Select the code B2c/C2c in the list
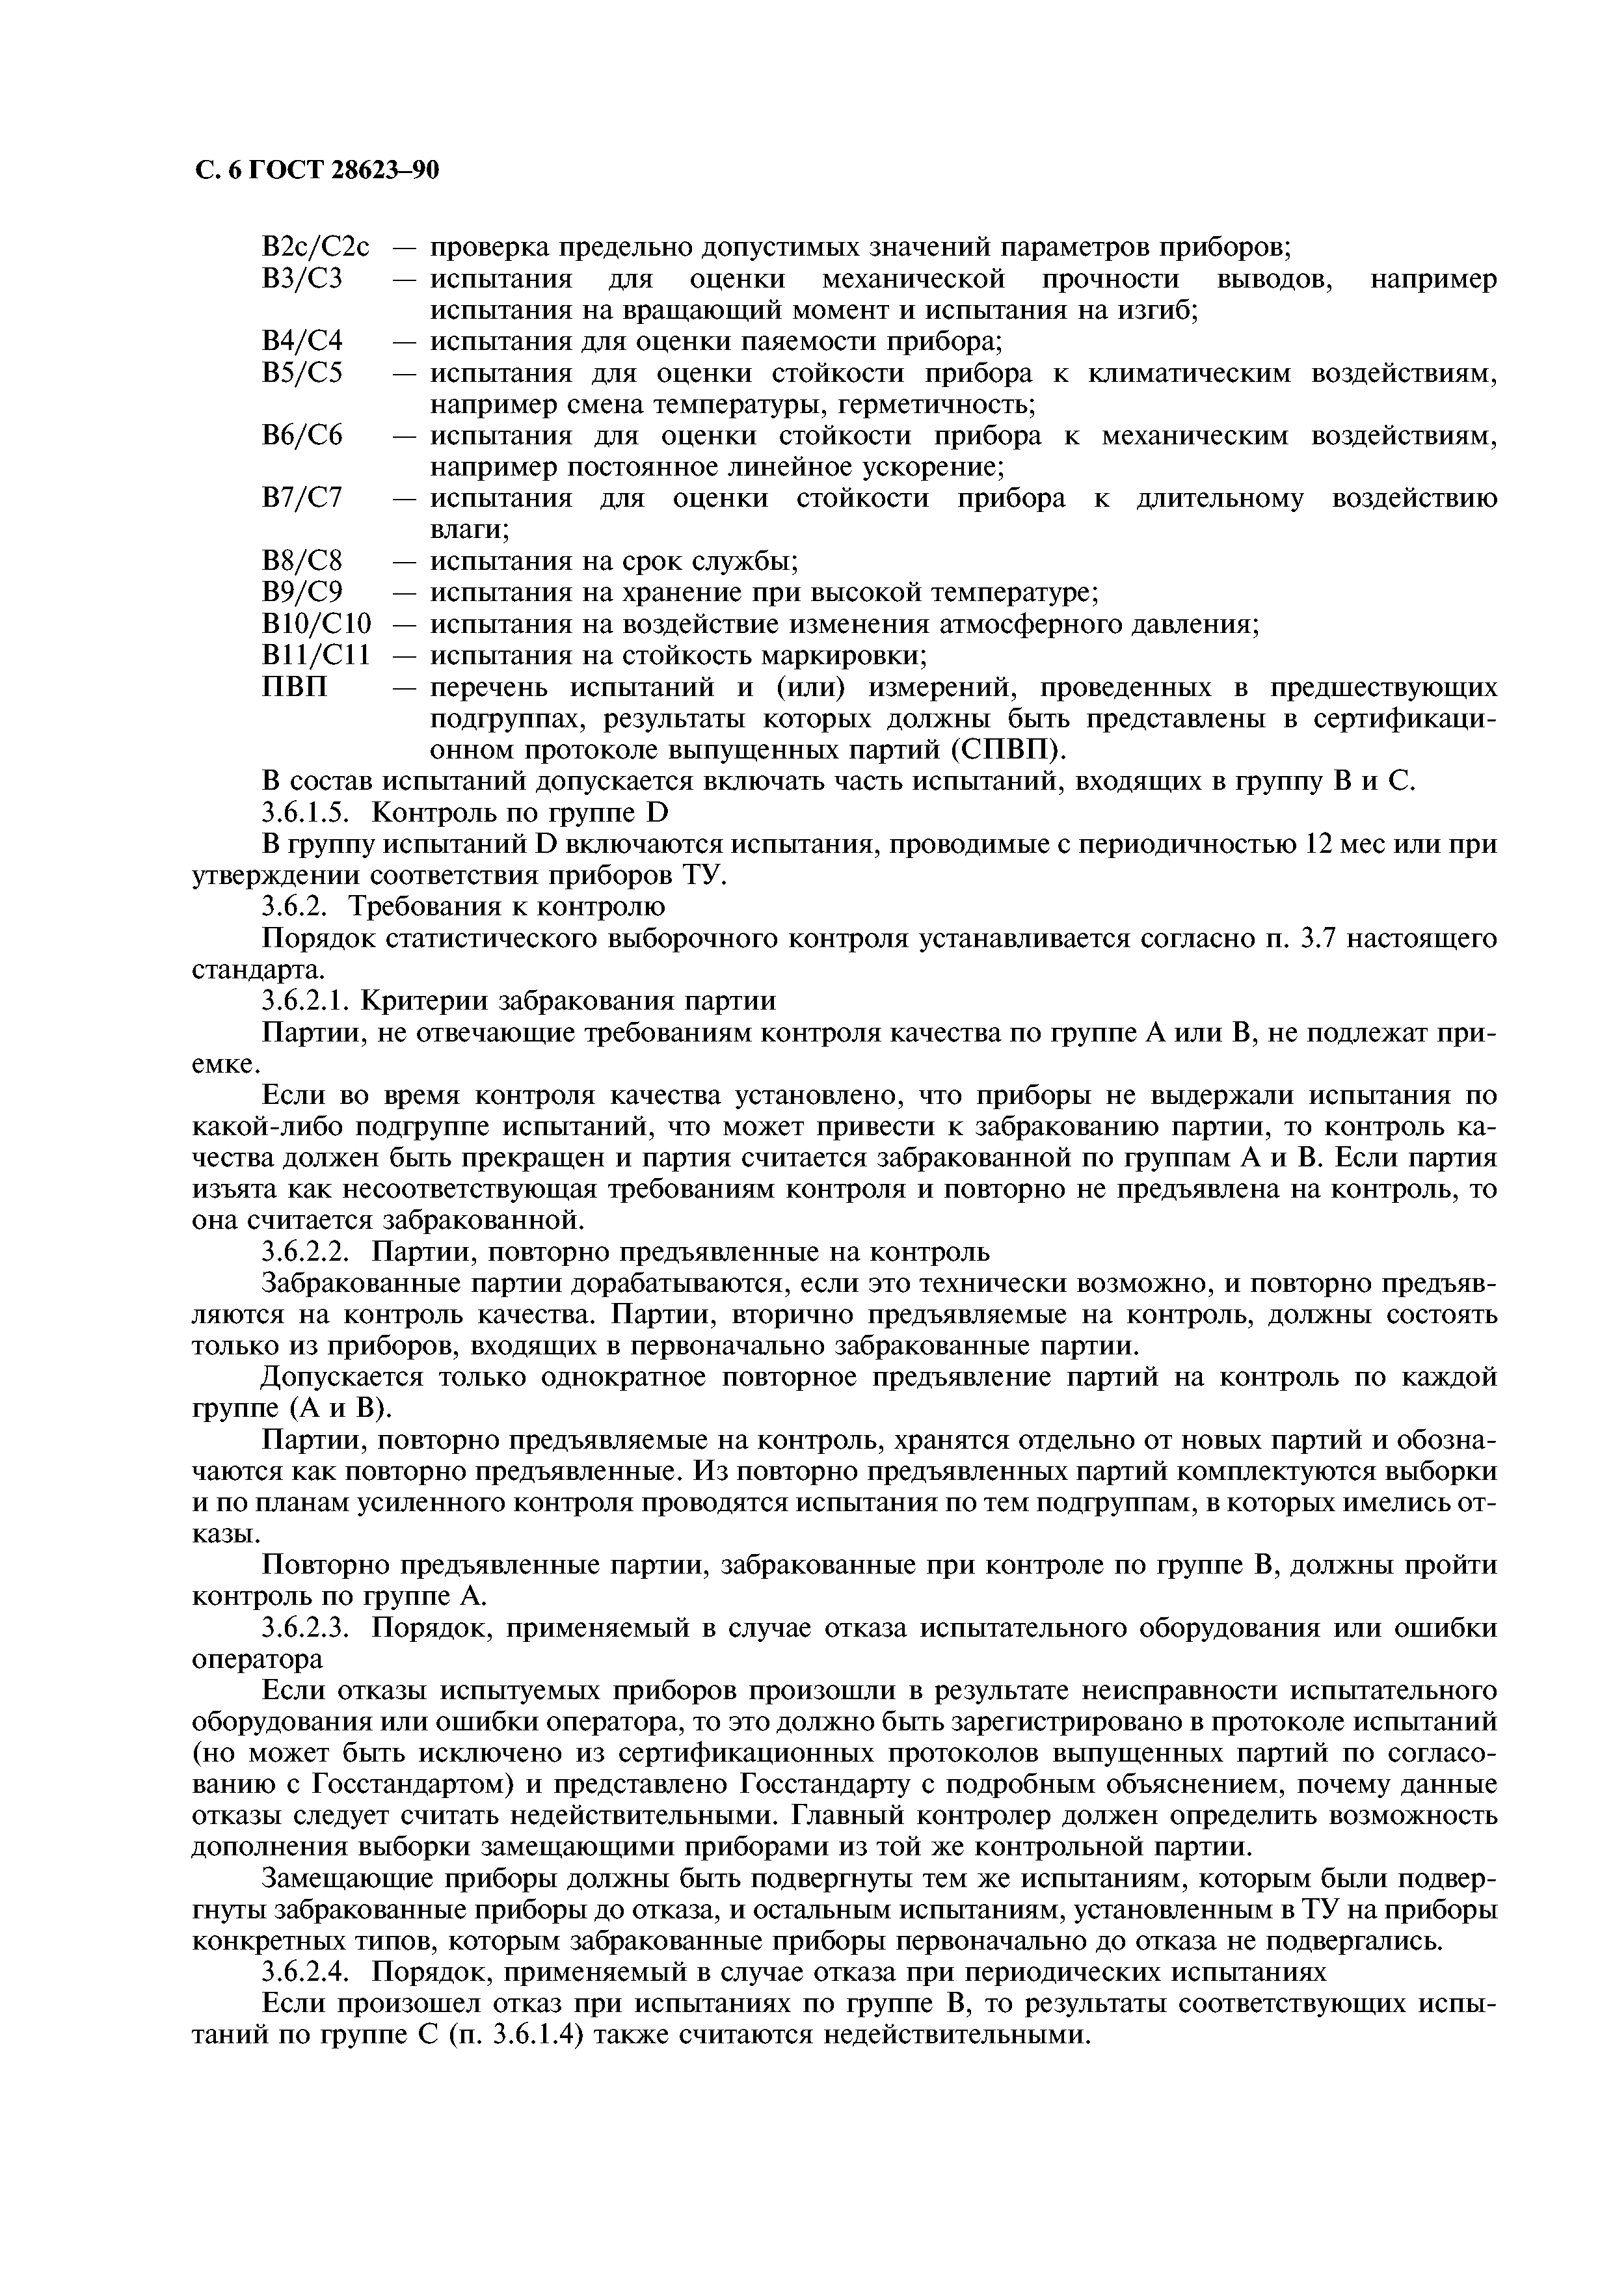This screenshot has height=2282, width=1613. coord(315,247)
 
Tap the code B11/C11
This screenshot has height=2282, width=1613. coord(315,656)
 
